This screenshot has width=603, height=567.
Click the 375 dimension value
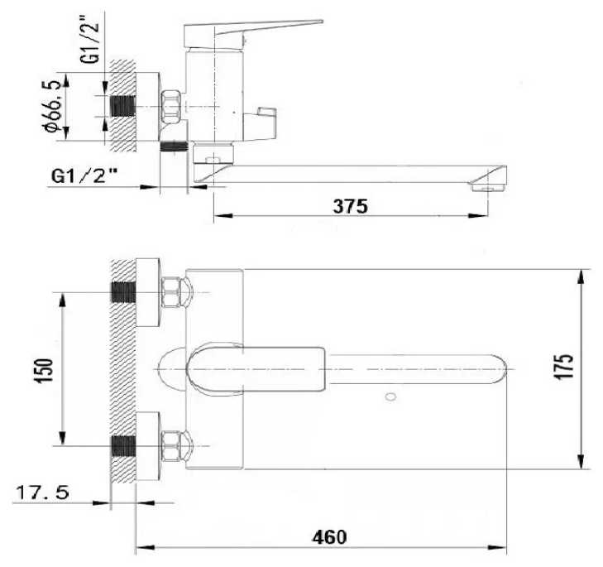point(350,206)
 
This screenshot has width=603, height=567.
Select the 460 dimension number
point(329,537)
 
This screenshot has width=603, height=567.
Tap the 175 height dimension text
point(564,366)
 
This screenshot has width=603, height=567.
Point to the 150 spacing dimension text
point(44,370)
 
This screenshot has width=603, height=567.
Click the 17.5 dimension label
point(43,493)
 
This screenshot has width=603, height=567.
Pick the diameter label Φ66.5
point(52,106)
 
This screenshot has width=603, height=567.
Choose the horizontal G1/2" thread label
point(84,176)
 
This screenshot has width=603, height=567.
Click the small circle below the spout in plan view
point(390,396)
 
